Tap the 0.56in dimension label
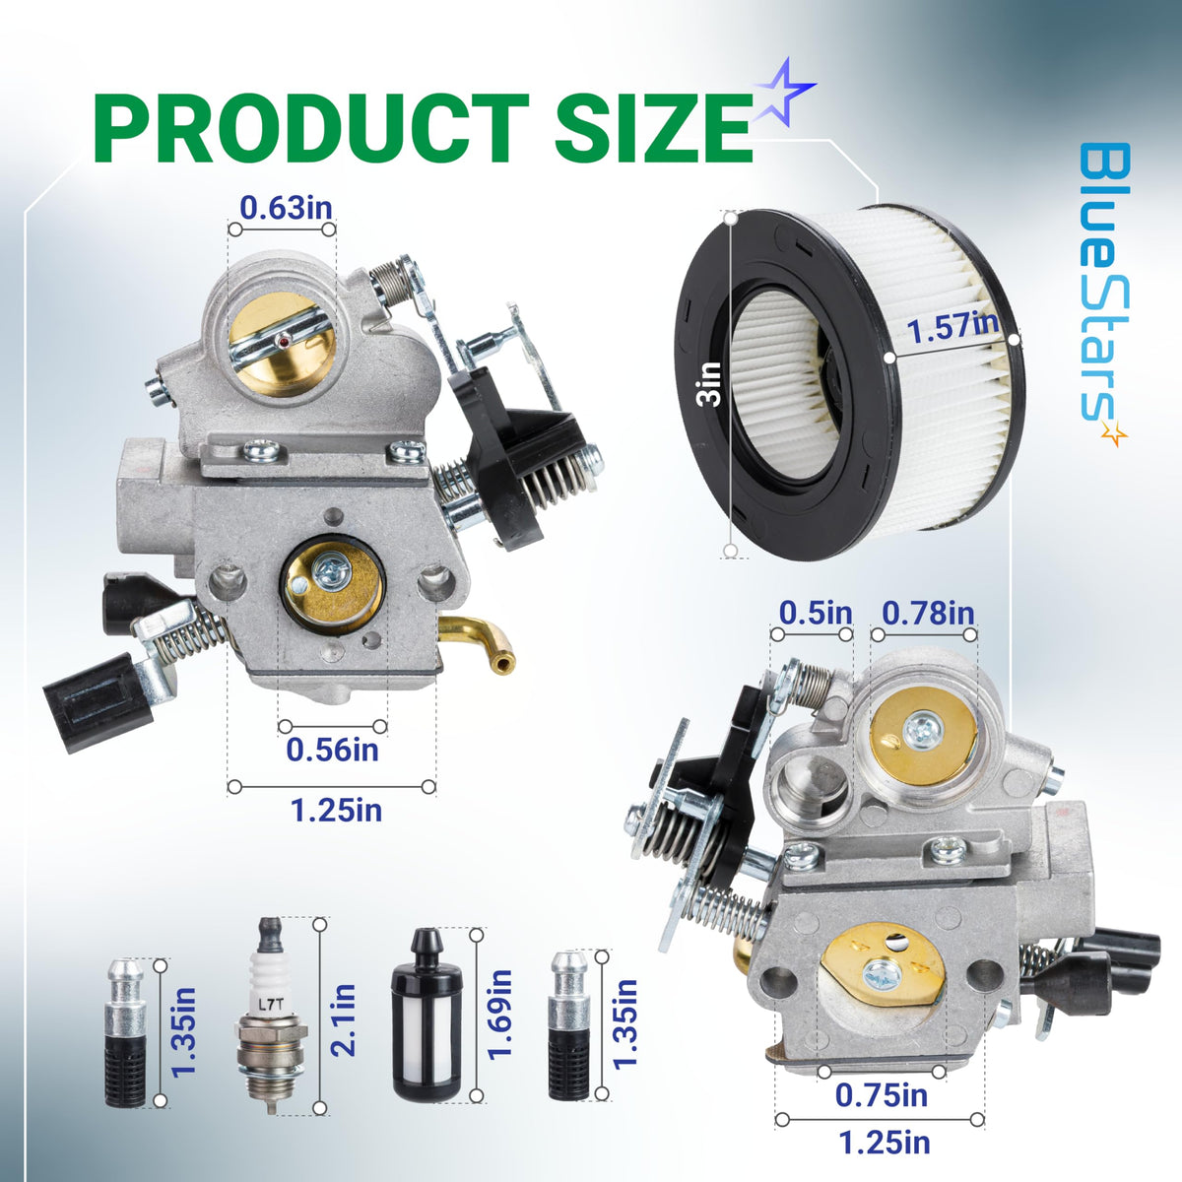333,750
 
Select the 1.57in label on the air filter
952,330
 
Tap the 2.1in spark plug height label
343,1018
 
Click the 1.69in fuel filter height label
500,1014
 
